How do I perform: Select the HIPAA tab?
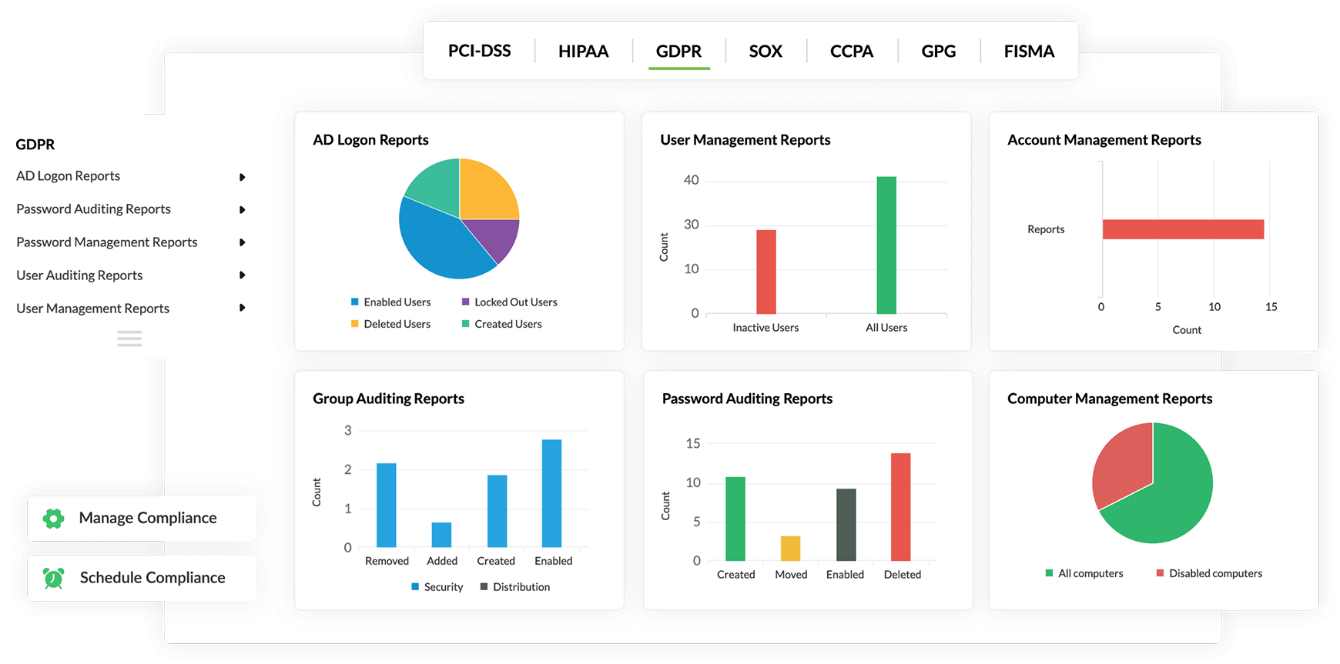(583, 52)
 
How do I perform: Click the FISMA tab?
(1029, 52)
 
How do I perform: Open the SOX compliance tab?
(765, 52)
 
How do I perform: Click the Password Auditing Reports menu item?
(93, 209)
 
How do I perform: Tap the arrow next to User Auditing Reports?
(243, 275)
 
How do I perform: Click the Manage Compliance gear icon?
(53, 519)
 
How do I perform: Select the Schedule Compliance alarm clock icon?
(54, 578)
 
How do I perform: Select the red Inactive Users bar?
(765, 272)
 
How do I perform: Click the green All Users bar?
(886, 245)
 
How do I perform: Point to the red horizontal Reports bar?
(1183, 229)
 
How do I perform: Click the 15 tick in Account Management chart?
(1271, 307)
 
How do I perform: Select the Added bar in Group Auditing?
(441, 535)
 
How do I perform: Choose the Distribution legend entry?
(515, 587)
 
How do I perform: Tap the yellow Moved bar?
(790, 548)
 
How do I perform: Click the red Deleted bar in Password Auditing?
(900, 506)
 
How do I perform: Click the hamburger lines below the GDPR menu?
(129, 339)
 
